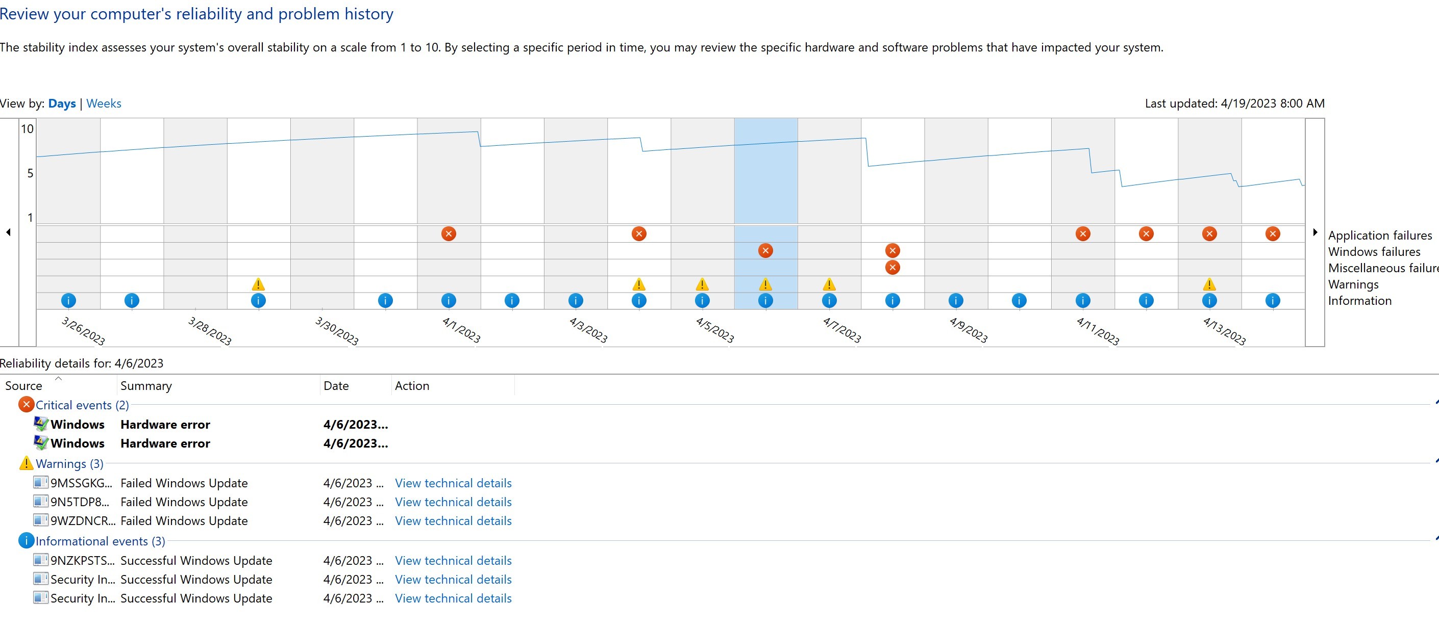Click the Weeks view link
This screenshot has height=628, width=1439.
104,103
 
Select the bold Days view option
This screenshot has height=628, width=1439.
62,103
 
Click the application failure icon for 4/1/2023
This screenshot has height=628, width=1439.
449,234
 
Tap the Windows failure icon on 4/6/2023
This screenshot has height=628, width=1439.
765,251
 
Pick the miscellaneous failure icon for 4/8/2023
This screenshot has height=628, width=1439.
892,268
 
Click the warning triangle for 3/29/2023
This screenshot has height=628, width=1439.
258,284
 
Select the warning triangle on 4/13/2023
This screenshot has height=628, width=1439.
1209,284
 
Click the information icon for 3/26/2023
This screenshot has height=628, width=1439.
68,301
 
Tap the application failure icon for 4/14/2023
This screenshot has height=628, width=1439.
1273,234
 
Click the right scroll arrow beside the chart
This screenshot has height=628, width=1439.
1315,232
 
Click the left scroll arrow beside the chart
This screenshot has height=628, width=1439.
8,232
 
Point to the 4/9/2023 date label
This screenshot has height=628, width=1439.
969,330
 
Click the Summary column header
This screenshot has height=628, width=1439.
146,386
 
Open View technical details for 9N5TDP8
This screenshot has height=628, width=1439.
453,502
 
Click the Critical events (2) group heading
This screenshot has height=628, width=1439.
82,405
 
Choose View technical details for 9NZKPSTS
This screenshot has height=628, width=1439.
453,560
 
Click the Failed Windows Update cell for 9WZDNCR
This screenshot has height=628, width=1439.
184,521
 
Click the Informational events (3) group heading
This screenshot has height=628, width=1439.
101,541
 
